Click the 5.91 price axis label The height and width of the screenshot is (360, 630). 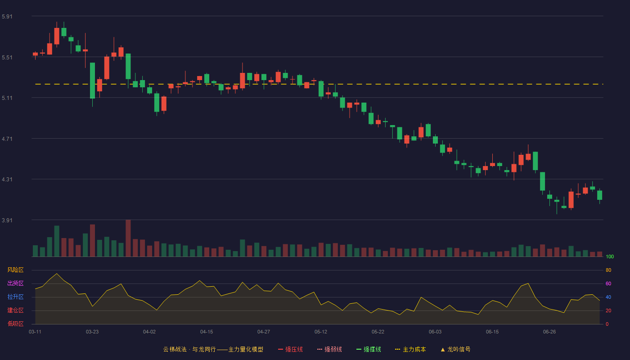coord(7,17)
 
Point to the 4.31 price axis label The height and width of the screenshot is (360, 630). coord(7,180)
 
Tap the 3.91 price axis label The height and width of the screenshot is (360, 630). coord(7,220)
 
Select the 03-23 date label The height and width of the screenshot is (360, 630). coord(92,332)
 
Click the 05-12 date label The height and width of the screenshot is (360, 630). coord(321,332)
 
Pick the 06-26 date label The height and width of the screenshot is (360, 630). coord(549,332)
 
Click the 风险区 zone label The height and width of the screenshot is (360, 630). coord(15,270)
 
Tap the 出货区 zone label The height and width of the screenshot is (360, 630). coord(15,283)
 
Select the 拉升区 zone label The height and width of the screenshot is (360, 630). coord(15,297)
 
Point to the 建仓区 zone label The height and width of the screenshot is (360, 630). coord(15,310)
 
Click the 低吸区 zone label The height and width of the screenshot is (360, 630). coord(15,324)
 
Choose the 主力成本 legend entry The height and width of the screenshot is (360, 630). coord(410,349)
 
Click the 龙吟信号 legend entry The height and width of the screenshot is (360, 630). coord(455,349)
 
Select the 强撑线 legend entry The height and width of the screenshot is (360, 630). coord(369,349)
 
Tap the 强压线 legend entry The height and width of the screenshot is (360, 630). coord(290,349)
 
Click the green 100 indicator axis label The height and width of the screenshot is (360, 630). coord(610,256)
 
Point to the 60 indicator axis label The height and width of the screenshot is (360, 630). coord(608,283)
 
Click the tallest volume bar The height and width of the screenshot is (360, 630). coord(128,238)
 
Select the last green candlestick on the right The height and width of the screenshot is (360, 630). coord(599,195)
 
